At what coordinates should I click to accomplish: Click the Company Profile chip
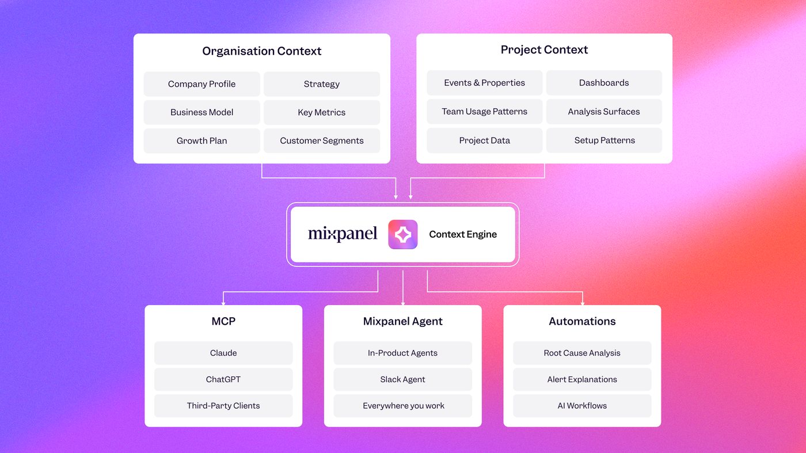point(201,84)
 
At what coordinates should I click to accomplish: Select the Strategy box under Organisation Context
point(322,84)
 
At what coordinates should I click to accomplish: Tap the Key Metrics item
point(322,112)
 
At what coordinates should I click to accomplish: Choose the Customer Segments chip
point(322,140)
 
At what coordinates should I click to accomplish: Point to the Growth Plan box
point(201,140)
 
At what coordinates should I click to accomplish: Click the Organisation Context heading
point(261,51)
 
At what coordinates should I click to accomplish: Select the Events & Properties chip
point(484,83)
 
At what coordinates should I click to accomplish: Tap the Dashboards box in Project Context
point(604,83)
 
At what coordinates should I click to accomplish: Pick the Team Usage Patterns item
point(484,112)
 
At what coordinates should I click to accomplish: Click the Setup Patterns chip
point(604,140)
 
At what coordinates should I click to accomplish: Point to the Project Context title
point(544,50)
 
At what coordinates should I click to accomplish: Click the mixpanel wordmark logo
point(343,234)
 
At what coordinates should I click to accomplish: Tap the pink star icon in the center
point(402,235)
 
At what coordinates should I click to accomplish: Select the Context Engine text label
point(463,234)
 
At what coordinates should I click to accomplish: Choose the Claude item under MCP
point(223,353)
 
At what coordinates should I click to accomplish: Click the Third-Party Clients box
point(223,406)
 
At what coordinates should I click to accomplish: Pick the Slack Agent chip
point(402,379)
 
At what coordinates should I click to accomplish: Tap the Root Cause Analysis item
point(582,353)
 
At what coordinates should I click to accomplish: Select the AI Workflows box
point(582,406)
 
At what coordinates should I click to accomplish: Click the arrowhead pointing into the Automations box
point(583,303)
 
